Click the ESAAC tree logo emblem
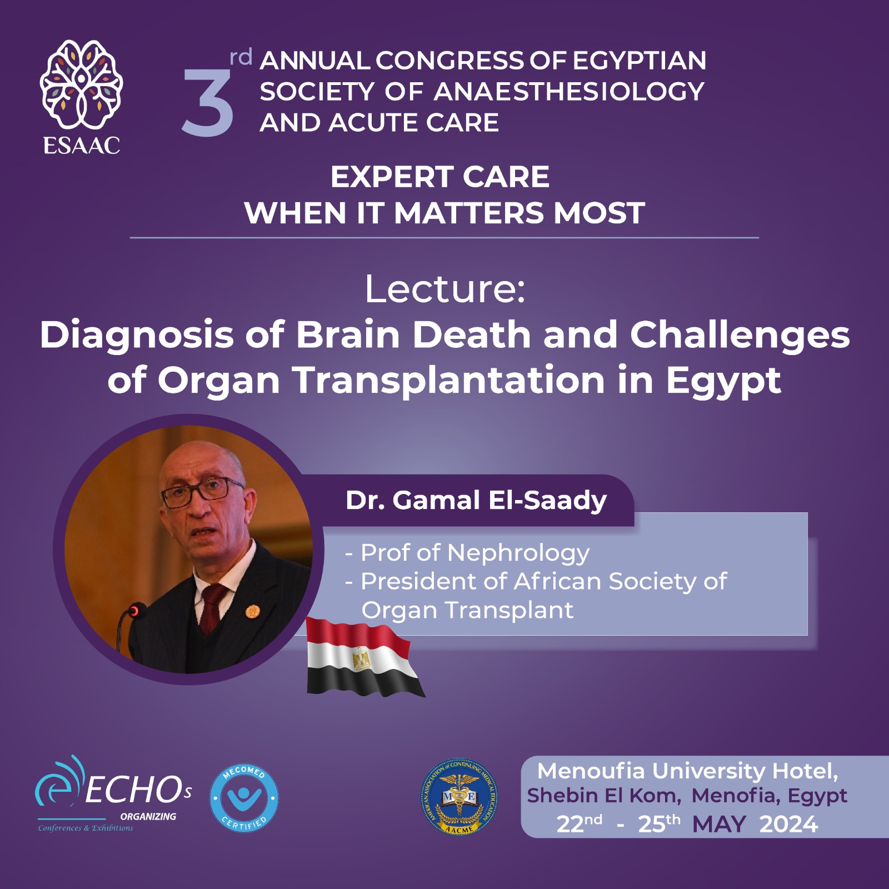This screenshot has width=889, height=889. (82, 84)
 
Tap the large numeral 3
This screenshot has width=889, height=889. (208, 103)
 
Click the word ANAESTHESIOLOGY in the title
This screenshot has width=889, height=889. (569, 92)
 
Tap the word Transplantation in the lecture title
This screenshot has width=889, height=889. (449, 382)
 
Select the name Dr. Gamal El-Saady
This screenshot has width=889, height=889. (476, 500)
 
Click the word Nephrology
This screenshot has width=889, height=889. (518, 553)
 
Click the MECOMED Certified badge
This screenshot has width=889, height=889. (244, 798)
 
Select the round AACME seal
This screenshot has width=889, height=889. (459, 797)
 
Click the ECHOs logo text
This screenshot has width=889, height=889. (138, 790)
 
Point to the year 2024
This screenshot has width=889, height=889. (788, 824)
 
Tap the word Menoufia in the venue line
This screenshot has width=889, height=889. (591, 771)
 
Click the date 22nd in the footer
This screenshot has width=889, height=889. (579, 824)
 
